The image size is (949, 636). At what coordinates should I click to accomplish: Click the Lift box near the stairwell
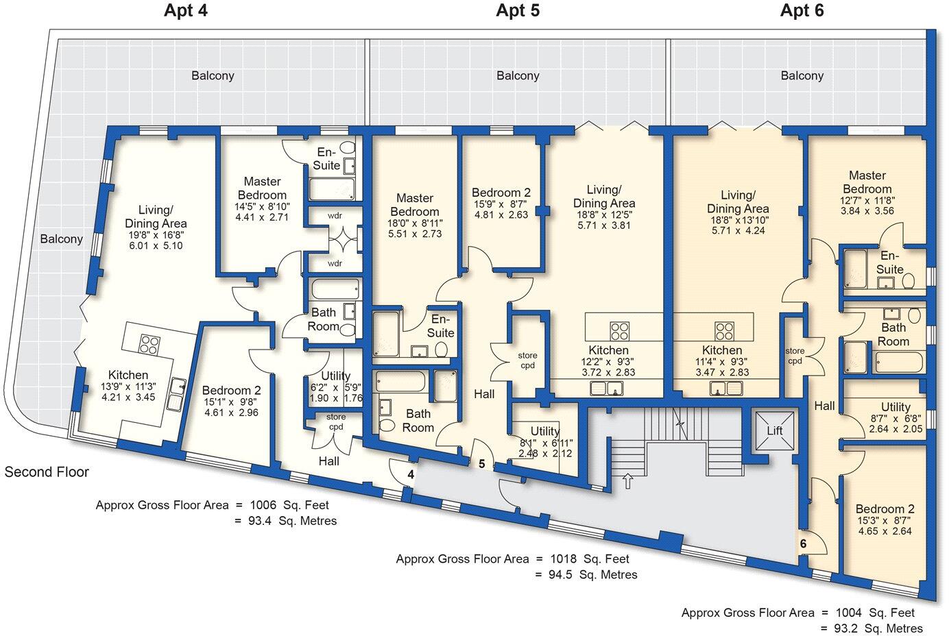[775, 430]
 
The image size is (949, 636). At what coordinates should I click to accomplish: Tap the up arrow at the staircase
[628, 481]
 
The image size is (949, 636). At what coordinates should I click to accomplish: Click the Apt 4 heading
[186, 10]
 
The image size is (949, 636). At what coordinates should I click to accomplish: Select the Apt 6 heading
[802, 10]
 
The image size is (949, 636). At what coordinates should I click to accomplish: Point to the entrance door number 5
[482, 464]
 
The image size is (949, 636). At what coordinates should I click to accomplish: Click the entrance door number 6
[803, 543]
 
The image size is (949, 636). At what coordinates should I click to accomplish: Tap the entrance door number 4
[411, 474]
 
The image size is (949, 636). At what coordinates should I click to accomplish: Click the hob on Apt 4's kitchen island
[150, 345]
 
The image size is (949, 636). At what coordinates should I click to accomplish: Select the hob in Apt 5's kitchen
[619, 331]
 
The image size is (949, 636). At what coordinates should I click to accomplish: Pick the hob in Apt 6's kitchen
[724, 331]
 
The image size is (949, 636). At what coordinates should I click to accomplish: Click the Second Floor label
[47, 472]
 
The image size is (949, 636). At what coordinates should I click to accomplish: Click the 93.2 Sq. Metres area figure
[878, 628]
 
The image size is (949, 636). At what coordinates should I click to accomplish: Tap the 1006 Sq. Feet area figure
[289, 505]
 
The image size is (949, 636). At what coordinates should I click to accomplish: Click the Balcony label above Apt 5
[518, 76]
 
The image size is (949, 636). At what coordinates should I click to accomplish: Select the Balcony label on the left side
[62, 238]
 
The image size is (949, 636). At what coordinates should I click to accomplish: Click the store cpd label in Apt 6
[794, 356]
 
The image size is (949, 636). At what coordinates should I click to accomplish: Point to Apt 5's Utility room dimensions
[545, 448]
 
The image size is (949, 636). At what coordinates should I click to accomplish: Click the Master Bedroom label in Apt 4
[262, 188]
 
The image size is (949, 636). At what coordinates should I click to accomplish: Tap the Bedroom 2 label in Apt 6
[885, 509]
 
